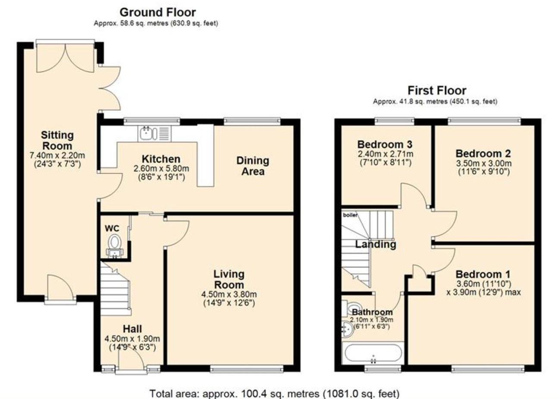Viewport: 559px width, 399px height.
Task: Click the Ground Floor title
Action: pyautogui.click(x=158, y=12)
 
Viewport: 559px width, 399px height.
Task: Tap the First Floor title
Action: pyautogui.click(x=437, y=91)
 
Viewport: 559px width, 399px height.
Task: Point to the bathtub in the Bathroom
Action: pyautogui.click(x=374, y=353)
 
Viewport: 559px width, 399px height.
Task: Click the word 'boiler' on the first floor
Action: pyautogui.click(x=350, y=215)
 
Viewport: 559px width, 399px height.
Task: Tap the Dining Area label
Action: pyautogui.click(x=253, y=166)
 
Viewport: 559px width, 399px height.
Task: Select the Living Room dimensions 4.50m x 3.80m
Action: pyautogui.click(x=229, y=294)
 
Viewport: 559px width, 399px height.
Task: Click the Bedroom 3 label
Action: pyautogui.click(x=385, y=144)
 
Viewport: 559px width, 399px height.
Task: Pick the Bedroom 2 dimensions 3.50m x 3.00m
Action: pyautogui.click(x=484, y=163)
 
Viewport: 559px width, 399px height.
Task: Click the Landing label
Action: pyautogui.click(x=376, y=244)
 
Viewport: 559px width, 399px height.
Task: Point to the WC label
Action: pyautogui.click(x=112, y=228)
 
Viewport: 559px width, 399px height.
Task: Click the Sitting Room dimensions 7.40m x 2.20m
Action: pyautogui.click(x=57, y=155)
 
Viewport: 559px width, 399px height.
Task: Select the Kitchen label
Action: pyautogui.click(x=161, y=159)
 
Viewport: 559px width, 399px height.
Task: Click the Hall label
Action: pyautogui.click(x=132, y=329)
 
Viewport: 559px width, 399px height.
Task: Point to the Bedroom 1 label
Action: pyautogui.click(x=483, y=274)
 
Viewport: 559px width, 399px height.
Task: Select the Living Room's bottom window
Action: pyautogui.click(x=247, y=368)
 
